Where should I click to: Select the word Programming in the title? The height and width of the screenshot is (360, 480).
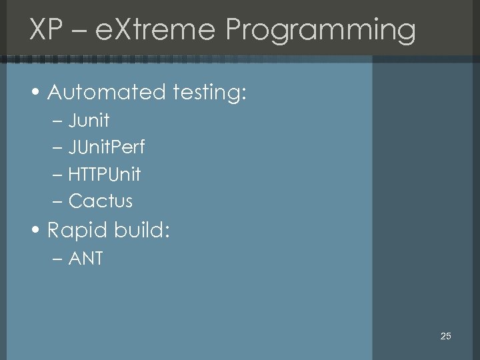pos(321,31)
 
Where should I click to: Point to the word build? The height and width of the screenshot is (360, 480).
pos(141,231)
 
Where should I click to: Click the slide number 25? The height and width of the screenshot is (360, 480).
pos(446,336)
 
